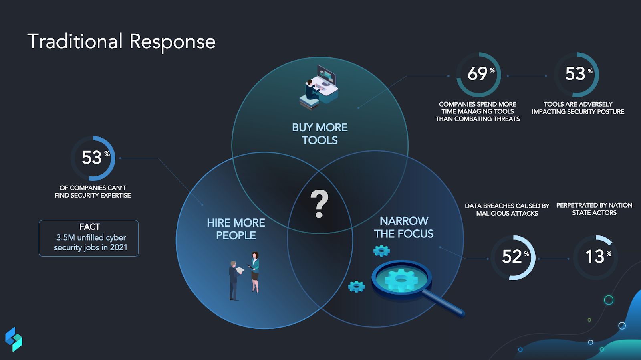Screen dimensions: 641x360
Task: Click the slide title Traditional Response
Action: [x=121, y=42]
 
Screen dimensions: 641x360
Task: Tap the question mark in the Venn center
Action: [x=319, y=204]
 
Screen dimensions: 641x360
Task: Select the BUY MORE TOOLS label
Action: [x=320, y=134]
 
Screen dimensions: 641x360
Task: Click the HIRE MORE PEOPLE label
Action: [x=236, y=229]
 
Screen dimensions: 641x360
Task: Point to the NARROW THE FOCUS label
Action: [x=404, y=227]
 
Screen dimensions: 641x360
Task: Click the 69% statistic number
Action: [x=478, y=74]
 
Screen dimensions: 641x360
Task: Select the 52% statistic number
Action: [x=512, y=257]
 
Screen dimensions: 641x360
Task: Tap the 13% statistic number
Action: [x=595, y=257]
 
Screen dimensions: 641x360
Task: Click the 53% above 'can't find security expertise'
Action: [x=92, y=158]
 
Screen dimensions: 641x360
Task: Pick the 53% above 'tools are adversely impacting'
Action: [x=576, y=74]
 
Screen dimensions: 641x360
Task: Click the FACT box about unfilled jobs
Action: [x=89, y=238]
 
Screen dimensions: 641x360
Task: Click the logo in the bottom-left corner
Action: [x=14, y=339]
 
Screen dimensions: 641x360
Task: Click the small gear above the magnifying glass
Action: [x=381, y=251]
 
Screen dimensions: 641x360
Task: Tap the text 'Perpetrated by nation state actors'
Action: [x=594, y=209]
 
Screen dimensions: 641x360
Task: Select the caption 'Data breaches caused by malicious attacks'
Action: [x=507, y=210]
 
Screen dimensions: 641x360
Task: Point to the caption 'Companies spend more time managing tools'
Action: [x=478, y=111]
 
